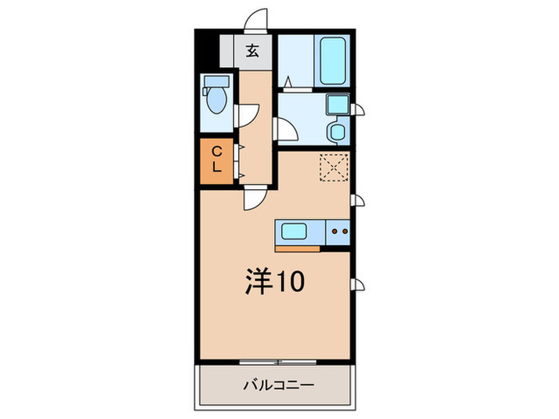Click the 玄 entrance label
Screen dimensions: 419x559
pyautogui.click(x=252, y=52)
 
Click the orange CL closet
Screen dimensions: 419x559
pyautogui.click(x=216, y=161)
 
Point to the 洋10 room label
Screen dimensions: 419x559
pyautogui.click(x=274, y=280)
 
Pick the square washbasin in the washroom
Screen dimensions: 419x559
pyautogui.click(x=335, y=105)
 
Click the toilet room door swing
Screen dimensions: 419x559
pyautogui.click(x=248, y=116)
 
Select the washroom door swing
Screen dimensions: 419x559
pyautogui.click(x=284, y=129)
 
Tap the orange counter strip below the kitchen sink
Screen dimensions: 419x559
pyautogui.click(x=298, y=247)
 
